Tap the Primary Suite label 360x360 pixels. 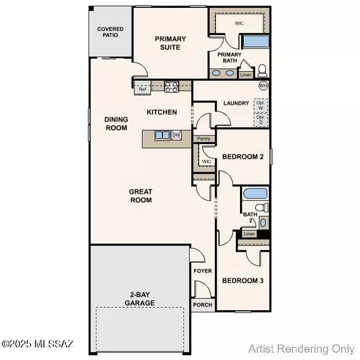coord(170,43)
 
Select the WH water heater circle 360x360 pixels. coord(263,86)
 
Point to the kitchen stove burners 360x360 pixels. coord(171,86)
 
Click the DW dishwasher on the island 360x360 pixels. coord(176,136)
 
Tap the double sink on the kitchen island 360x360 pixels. coord(162,136)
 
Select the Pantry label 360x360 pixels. coord(203,139)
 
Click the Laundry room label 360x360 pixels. coord(236,103)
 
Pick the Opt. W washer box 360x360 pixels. coord(261,105)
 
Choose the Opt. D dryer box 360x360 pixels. coord(261,119)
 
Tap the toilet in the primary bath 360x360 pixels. coord(262,70)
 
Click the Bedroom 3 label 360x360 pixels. coord(242,280)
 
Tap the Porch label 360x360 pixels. coord(202,305)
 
